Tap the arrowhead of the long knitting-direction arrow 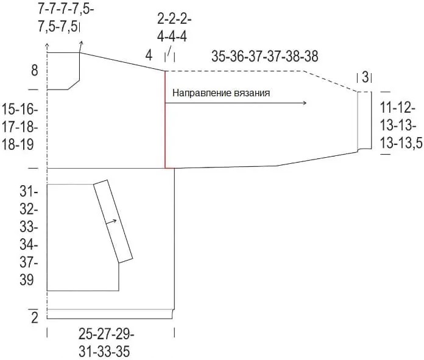tap(305, 103)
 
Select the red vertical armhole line tap(165, 119)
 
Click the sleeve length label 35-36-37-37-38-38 tap(265, 57)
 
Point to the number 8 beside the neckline tap(35, 70)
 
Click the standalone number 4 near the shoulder tap(149, 55)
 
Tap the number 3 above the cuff tap(365, 77)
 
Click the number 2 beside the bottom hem tap(35, 317)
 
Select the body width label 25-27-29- tap(106, 334)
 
